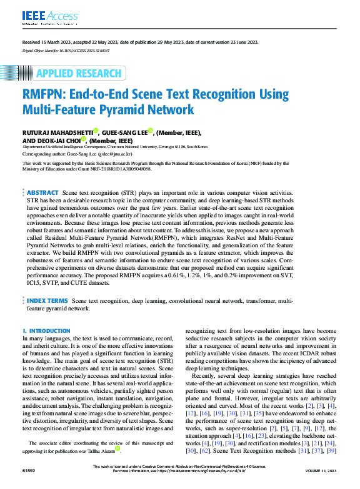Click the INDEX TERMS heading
click(x=48, y=300)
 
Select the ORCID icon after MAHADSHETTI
click(x=96, y=131)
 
